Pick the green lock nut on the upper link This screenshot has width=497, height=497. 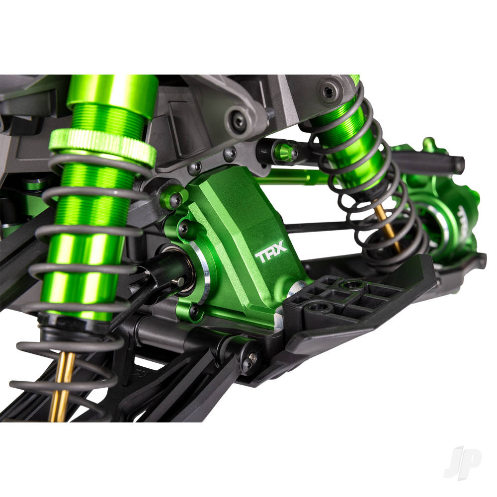point(285,152)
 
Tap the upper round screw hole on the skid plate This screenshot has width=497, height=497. point(353,284)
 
